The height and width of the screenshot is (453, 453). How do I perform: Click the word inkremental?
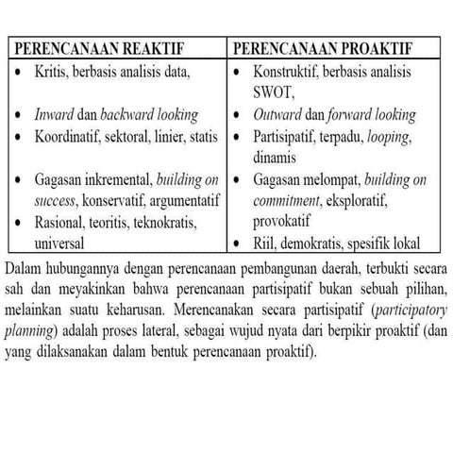point(120,179)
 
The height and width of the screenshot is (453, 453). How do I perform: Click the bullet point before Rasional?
point(21,223)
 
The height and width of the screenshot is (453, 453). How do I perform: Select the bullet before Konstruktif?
point(240,71)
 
